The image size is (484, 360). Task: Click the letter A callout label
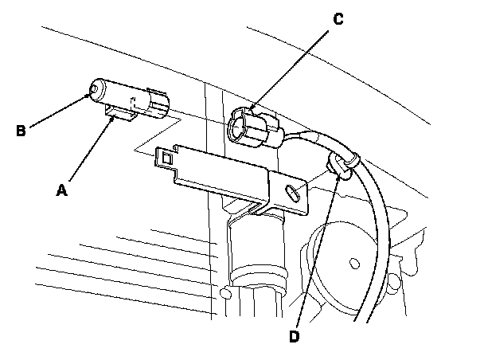(60, 190)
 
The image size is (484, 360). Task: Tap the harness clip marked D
(342, 163)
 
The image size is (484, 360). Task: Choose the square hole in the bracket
(166, 159)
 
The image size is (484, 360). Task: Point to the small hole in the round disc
(353, 260)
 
